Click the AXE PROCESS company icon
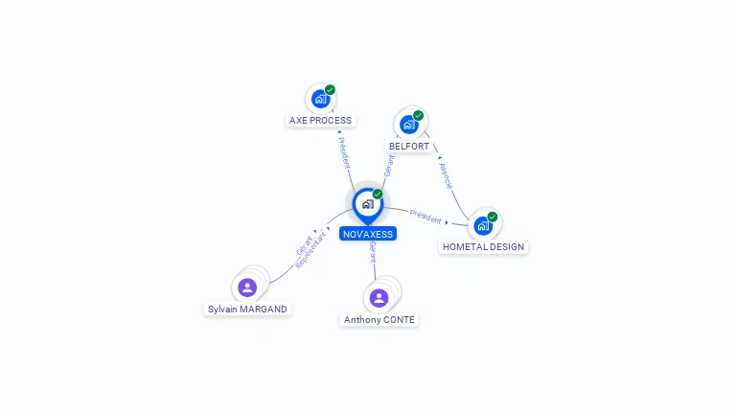[x=320, y=99]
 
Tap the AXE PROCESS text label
[x=320, y=121]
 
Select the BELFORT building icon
[x=409, y=125]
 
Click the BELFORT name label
[x=409, y=146]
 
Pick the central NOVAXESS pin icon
[x=367, y=204]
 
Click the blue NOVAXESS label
[x=367, y=234]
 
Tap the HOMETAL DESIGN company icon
[x=483, y=226]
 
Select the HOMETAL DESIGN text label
[x=483, y=246]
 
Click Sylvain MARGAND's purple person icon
[x=247, y=287]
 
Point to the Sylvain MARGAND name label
[x=247, y=309]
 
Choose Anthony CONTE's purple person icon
[x=379, y=298]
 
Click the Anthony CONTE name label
[x=379, y=319]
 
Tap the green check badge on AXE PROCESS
[x=330, y=90]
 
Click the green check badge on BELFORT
[x=418, y=116]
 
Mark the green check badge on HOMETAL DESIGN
[x=492, y=217]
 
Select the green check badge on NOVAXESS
[x=378, y=195]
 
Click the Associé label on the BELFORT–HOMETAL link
[x=445, y=175]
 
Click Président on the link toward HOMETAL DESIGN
[x=425, y=216]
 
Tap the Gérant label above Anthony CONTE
[x=372, y=252]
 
